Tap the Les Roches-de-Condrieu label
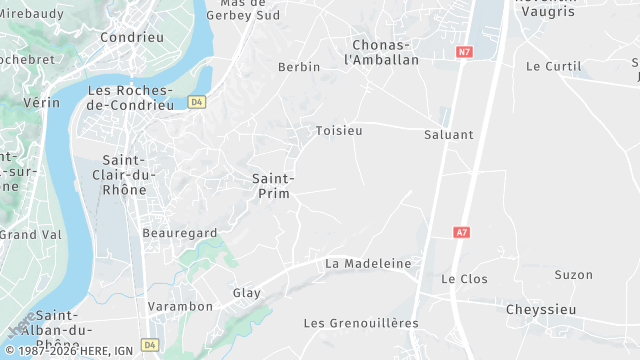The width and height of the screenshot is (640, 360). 130,97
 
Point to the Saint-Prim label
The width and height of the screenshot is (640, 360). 271,185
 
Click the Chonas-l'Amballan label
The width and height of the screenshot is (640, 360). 381,52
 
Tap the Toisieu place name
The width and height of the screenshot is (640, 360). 339,131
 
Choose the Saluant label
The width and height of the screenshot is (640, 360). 449,134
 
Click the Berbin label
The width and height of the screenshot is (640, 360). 299,67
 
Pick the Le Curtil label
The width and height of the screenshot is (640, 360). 554,67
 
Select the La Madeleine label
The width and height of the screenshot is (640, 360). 368,263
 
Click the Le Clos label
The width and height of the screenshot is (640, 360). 465,279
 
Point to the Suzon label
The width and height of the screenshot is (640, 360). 574,275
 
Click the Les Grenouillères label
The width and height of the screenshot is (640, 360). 361,323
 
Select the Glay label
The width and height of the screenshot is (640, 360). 246,293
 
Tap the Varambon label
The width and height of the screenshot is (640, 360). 180,306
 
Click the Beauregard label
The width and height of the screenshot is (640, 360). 180,233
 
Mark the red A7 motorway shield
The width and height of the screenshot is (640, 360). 462,232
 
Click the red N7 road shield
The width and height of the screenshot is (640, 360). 464,50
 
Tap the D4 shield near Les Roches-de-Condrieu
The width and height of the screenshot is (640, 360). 196,102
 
